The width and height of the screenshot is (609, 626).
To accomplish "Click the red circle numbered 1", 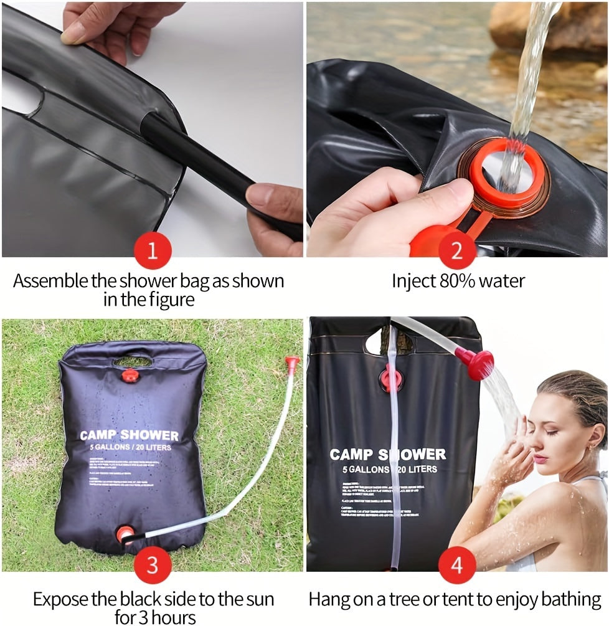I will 152,252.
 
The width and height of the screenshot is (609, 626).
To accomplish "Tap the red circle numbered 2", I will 457,252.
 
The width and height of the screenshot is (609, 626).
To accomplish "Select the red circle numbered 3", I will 152,566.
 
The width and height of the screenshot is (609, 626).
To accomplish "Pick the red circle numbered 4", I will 457,566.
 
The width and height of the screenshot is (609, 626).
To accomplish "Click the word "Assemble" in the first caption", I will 50,280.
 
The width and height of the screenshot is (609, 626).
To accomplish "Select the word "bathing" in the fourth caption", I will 571,599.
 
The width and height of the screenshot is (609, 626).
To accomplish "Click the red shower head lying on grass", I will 291,362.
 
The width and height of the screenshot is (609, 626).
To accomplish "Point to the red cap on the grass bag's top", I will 130,376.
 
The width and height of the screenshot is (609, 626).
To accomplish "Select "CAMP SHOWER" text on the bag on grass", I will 129,435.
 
